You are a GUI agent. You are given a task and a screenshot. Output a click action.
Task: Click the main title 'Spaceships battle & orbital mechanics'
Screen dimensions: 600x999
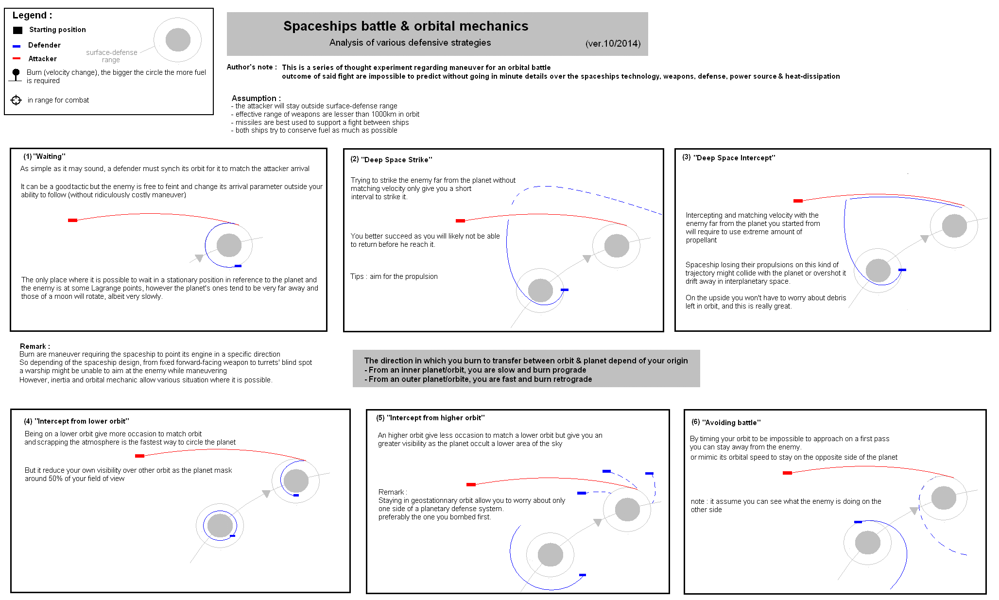[406, 26]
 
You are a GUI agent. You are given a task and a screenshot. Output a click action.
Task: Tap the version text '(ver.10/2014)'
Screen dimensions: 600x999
[613, 43]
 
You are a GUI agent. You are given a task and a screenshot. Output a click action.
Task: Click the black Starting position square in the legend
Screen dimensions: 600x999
[18, 30]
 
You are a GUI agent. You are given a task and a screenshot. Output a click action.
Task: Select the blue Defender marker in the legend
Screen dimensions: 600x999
[17, 46]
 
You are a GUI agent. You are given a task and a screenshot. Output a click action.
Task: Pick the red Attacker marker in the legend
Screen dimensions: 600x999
[17, 58]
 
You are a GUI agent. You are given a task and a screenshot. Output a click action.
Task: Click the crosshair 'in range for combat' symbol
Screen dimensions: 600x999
[16, 100]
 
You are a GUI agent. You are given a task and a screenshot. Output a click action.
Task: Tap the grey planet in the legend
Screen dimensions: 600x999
[178, 40]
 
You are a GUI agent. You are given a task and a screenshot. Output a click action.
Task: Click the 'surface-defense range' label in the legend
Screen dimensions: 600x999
[112, 56]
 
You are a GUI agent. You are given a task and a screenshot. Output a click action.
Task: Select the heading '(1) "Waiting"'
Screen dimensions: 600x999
[44, 156]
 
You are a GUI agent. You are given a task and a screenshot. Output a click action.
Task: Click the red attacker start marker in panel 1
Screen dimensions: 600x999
[72, 221]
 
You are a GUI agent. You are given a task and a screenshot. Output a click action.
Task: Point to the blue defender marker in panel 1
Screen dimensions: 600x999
[238, 266]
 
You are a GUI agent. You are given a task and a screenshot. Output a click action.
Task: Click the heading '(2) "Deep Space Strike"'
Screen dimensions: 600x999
[391, 159]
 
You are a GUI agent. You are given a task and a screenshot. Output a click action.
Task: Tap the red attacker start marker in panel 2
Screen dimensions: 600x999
[460, 221]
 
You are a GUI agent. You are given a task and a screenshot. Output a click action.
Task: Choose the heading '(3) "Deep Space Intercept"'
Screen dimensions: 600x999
[728, 157]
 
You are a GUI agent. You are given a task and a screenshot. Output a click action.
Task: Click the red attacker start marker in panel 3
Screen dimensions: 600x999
[798, 201]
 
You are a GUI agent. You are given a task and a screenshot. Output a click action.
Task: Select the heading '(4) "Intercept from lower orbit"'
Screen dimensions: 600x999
[76, 421]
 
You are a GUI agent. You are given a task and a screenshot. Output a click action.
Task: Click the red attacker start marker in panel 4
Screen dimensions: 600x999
[139, 456]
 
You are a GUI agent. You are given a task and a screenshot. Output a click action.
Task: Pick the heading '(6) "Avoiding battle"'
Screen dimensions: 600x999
[726, 422]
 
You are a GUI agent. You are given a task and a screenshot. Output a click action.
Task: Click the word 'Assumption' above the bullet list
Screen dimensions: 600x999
[254, 98]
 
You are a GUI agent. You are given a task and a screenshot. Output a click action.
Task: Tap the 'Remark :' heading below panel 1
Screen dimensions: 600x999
[34, 346]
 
